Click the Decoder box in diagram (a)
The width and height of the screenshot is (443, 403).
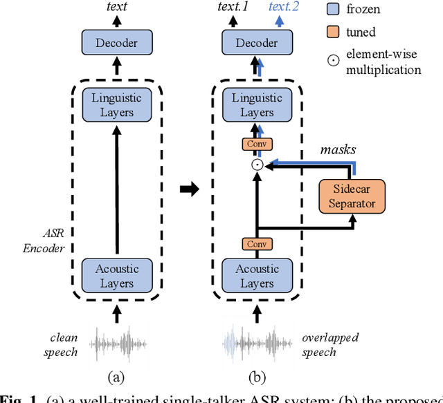point(116,43)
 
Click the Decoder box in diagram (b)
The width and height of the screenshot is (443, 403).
point(256,43)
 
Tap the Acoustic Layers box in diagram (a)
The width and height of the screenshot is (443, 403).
point(116,276)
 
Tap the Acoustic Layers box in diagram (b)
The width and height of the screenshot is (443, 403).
point(256,276)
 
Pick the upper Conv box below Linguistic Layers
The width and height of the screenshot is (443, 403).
point(256,144)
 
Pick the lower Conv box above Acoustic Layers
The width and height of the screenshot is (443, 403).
point(256,243)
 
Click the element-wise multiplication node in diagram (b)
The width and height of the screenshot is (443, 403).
point(256,165)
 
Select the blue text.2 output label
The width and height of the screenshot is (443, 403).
point(284,8)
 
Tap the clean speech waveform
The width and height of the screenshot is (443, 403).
point(116,344)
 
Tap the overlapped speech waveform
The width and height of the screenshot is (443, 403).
point(256,344)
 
